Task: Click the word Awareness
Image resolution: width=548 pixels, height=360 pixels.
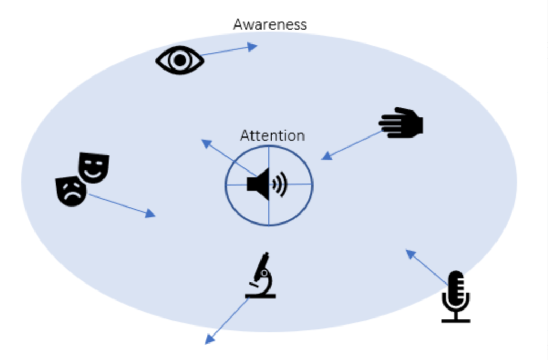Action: [269, 24]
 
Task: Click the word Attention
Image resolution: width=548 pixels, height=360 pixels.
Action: [272, 135]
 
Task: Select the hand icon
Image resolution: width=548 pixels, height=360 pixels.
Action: [401, 123]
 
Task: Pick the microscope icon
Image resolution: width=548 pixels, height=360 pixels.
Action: [261, 276]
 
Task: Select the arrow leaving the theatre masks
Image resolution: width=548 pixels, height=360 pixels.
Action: [122, 205]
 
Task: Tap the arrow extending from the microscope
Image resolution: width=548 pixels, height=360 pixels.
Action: [227, 321]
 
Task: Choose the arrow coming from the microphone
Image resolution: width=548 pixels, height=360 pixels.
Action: [427, 268]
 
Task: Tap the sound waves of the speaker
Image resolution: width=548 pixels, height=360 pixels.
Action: [279, 184]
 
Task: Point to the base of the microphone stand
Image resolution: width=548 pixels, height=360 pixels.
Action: [456, 320]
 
